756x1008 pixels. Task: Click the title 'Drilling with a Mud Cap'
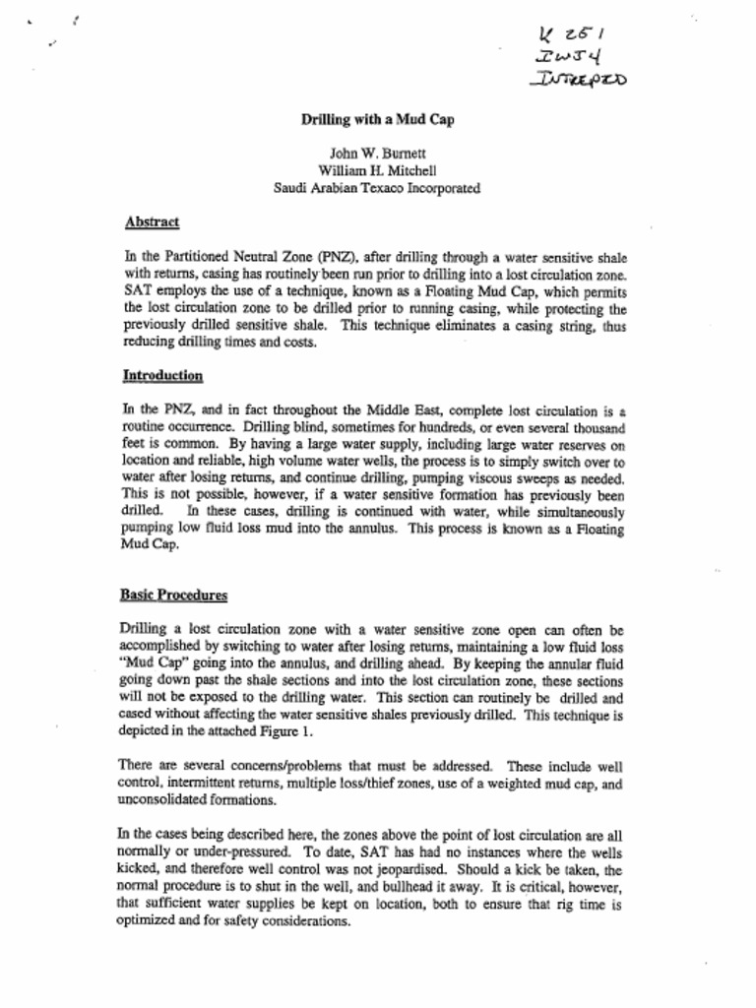click(x=377, y=119)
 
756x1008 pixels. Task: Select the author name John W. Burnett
click(x=377, y=154)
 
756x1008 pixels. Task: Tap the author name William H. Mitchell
click(x=377, y=170)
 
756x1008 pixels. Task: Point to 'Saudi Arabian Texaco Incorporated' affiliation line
click(x=377, y=187)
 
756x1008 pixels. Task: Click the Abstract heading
click(x=152, y=222)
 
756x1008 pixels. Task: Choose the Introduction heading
click(x=162, y=375)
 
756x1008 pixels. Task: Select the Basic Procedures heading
click(x=173, y=595)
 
